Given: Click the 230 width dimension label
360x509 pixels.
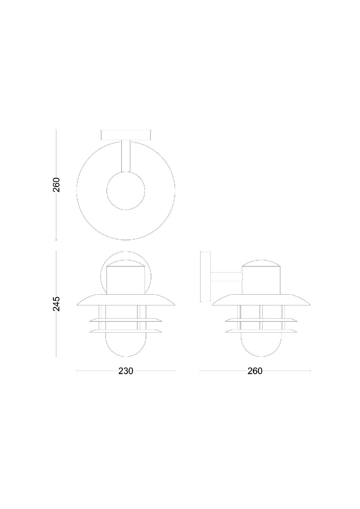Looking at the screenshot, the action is [126, 371].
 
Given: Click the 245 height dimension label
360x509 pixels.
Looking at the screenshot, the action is [56, 304].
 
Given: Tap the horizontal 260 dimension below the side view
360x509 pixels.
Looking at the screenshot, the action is [255, 371].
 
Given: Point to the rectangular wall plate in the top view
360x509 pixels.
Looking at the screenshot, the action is [126, 135].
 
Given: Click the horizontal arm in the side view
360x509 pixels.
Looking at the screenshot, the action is [226, 277].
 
